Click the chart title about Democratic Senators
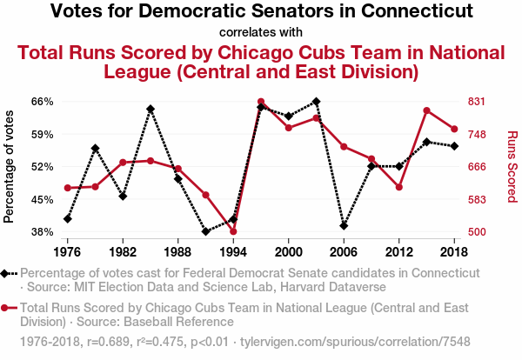pos(261,11)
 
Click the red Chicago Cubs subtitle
pos(261,61)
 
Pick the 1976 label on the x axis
pos(67,251)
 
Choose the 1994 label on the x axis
pos(233,251)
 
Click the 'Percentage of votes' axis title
pos(10,166)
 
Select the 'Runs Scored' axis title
pos(512,166)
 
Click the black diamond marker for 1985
pos(151,110)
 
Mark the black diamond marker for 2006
pos(344,226)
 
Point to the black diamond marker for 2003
pos(316,102)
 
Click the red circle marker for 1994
pos(233,231)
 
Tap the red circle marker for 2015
pos(426,110)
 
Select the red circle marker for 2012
pos(398,187)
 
